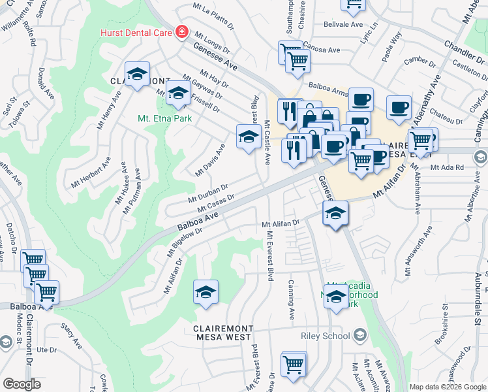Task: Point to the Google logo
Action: coord(22,384)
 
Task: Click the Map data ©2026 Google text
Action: coord(448,387)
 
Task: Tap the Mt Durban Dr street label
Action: coord(207,193)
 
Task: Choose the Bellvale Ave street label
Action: coord(343,24)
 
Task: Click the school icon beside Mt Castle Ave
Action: coord(248,137)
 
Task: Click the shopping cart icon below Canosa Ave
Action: coord(297,61)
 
